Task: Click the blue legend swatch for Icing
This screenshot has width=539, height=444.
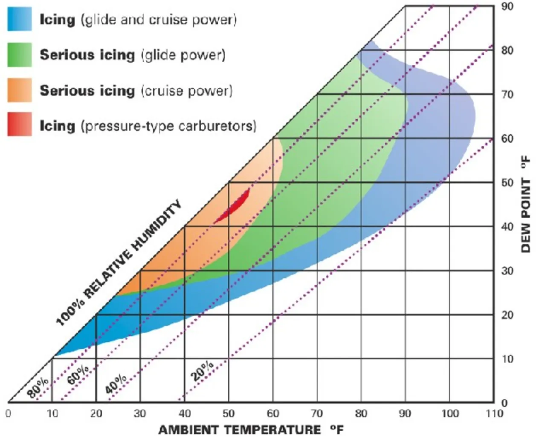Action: (x=19, y=20)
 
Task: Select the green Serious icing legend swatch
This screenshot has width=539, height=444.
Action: (x=19, y=55)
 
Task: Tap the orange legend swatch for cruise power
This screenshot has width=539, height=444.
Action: (x=19, y=90)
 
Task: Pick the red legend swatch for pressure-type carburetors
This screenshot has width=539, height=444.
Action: (x=19, y=124)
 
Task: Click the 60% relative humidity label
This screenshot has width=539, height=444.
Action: (x=78, y=375)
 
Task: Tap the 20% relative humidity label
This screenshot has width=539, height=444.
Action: (x=202, y=371)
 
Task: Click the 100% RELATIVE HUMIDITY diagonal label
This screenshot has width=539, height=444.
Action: (x=119, y=263)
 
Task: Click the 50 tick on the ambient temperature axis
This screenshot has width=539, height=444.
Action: (x=229, y=413)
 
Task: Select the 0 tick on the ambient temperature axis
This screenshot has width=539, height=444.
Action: (x=8, y=413)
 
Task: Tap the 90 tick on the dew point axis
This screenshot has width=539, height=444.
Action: (x=507, y=7)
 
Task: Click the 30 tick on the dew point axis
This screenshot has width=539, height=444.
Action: (x=507, y=271)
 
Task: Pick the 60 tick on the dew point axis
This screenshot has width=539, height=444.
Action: (x=507, y=139)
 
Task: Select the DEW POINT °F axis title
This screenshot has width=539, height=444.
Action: (x=526, y=205)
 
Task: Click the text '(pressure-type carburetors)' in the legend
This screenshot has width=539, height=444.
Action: (x=168, y=126)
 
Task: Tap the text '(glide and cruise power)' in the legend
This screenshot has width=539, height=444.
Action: (x=159, y=20)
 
